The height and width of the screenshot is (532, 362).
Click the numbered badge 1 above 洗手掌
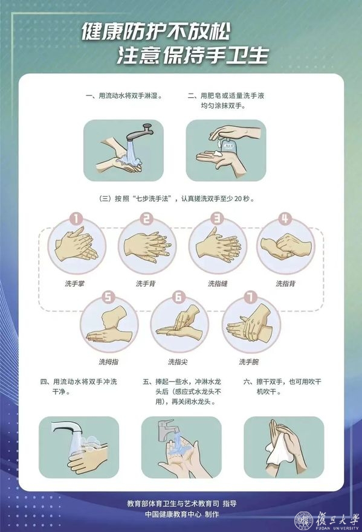[x=76, y=219]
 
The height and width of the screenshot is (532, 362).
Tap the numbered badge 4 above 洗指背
[x=285, y=219]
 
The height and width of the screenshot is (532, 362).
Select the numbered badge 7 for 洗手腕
[x=250, y=297]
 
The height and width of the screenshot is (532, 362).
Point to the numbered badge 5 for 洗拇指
[x=108, y=297]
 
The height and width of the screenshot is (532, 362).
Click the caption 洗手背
[x=145, y=283]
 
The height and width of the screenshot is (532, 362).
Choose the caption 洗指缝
[x=218, y=283]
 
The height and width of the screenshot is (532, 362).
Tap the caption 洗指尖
[x=178, y=362]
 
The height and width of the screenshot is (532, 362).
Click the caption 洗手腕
[x=249, y=362]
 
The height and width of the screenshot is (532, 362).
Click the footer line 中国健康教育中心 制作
[x=182, y=514]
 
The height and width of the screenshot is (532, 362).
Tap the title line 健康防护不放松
[x=156, y=33]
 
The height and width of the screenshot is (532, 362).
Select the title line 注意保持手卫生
[x=193, y=56]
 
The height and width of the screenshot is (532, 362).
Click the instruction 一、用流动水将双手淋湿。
[x=124, y=96]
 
